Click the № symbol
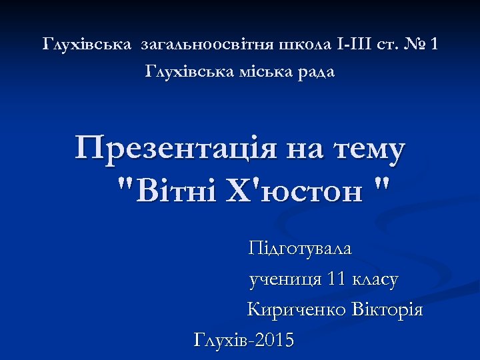tap(418, 45)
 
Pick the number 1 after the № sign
tap(435, 45)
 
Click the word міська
tap(262, 71)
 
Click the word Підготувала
tap(300, 249)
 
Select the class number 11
tap(339, 279)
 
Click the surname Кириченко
tap(287, 310)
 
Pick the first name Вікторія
tap(389, 310)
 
